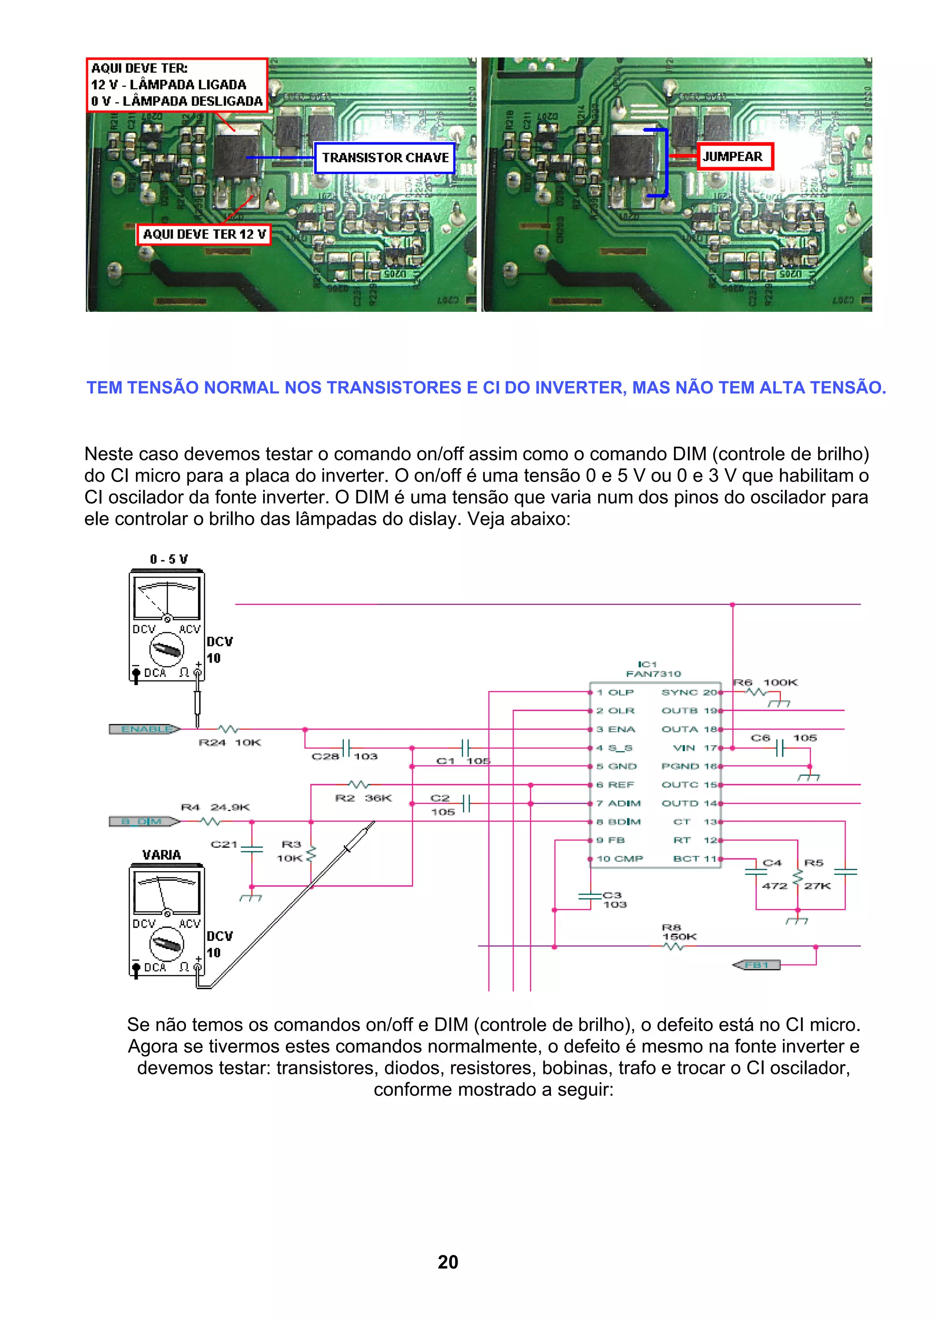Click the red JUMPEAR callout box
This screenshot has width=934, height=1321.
coord(735,156)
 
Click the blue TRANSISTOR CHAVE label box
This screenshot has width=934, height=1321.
coord(385,158)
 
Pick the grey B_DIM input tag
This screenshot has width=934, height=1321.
coord(144,821)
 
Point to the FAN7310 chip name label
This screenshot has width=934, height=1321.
coord(653,674)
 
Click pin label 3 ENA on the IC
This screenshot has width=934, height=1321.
coord(616,729)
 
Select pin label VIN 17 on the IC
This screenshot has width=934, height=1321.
coord(695,748)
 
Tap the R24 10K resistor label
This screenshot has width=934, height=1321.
coord(229,743)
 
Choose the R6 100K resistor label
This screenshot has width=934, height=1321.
coord(765,682)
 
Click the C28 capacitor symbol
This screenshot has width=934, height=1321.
coord(346,748)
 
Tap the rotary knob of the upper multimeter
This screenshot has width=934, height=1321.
coord(166,650)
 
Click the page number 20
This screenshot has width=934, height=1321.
coord(448,1262)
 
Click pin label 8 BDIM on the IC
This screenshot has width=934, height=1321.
coord(618,821)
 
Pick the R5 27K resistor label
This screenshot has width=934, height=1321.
coord(816,874)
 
